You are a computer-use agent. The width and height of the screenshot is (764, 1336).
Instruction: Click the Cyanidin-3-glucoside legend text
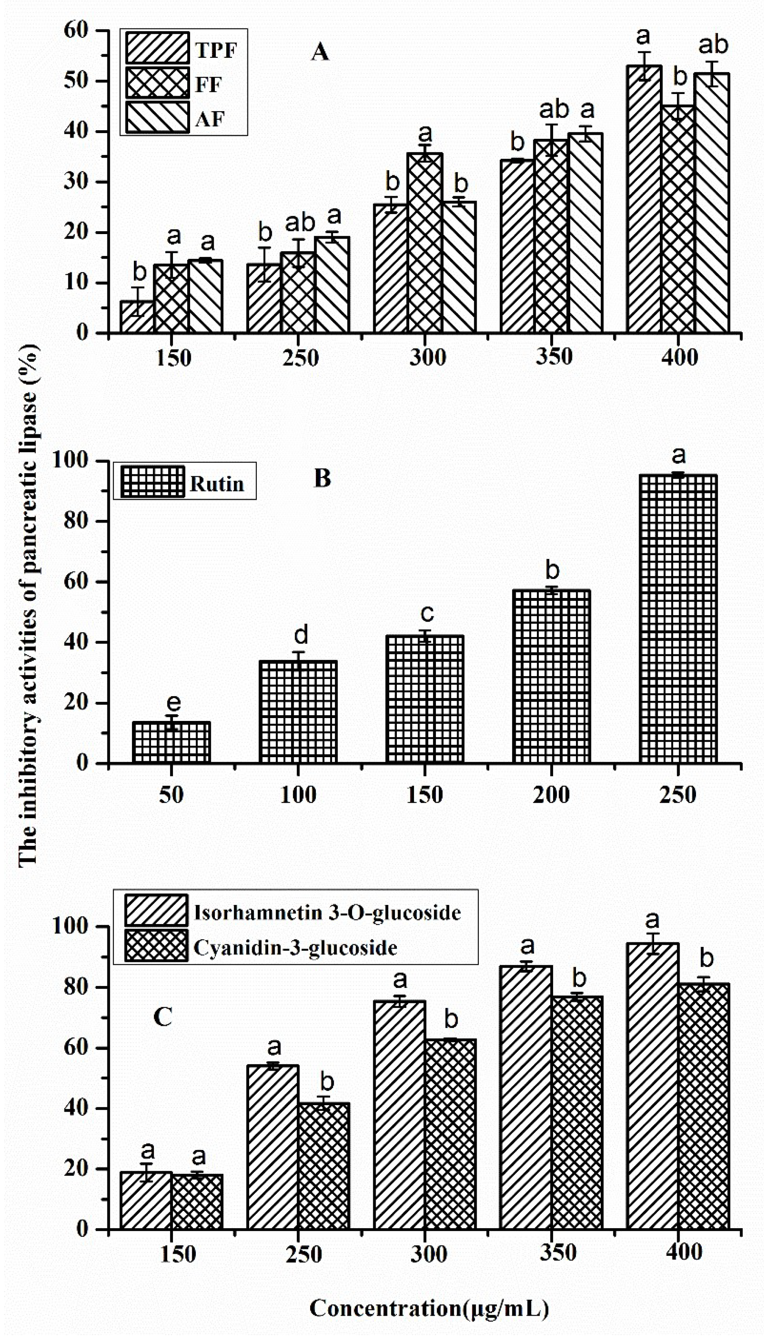tap(295, 948)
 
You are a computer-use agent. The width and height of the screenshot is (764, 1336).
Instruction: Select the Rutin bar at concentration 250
tap(678, 619)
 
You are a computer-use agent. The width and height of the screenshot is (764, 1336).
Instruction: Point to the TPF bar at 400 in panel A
tap(644, 199)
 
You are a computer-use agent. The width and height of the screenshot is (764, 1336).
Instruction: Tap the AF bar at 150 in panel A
tap(205, 296)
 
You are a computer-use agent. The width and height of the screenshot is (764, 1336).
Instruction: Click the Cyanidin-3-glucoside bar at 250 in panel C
tap(324, 1166)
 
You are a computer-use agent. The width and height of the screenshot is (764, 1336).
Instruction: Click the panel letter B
tap(322, 479)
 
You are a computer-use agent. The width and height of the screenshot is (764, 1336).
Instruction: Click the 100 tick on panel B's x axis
tap(298, 795)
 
